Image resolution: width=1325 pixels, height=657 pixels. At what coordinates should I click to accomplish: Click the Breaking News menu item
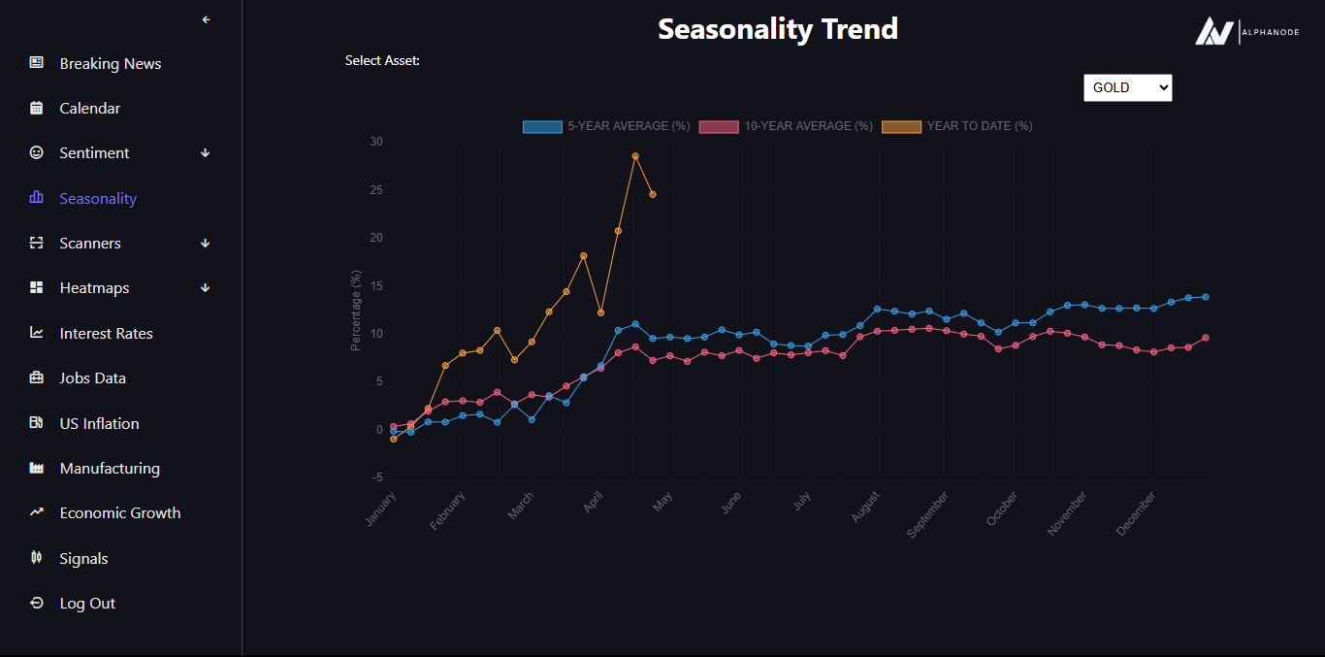(x=110, y=64)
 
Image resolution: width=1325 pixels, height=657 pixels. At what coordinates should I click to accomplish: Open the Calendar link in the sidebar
(x=89, y=109)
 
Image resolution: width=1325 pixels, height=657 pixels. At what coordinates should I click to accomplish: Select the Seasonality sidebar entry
(x=97, y=199)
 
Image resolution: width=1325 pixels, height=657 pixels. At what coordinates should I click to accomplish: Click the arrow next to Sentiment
(x=205, y=153)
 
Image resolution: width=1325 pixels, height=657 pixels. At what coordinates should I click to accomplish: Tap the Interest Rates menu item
(x=106, y=334)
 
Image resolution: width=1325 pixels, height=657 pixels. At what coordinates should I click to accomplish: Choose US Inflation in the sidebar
(x=99, y=424)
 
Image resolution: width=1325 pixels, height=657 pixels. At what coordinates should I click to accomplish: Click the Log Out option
(x=87, y=604)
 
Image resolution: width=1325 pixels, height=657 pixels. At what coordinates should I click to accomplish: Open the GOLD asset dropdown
(x=1127, y=88)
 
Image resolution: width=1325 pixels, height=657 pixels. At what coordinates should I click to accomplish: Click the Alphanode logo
(x=1245, y=32)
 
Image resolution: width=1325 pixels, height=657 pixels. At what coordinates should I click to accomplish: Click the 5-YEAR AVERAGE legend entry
(x=606, y=126)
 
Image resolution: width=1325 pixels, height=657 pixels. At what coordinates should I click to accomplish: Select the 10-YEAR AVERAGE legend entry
(x=786, y=126)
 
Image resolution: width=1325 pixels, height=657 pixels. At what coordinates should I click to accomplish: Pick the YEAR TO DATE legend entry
(x=956, y=126)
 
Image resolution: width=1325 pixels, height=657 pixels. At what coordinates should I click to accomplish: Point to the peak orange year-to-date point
(x=635, y=156)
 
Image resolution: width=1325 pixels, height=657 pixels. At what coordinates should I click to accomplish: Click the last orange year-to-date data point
(x=653, y=195)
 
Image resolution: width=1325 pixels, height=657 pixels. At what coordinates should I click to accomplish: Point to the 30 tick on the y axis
(x=376, y=142)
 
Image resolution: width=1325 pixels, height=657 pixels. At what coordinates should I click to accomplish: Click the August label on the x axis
(x=865, y=508)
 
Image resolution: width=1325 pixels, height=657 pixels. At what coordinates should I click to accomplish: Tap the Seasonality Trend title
(x=778, y=29)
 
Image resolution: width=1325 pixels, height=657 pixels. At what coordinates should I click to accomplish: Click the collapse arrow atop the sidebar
(x=206, y=19)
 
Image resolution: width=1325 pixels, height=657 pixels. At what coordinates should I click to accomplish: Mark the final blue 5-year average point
(x=1206, y=297)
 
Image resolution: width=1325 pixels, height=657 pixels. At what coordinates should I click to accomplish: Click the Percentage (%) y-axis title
(x=356, y=311)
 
